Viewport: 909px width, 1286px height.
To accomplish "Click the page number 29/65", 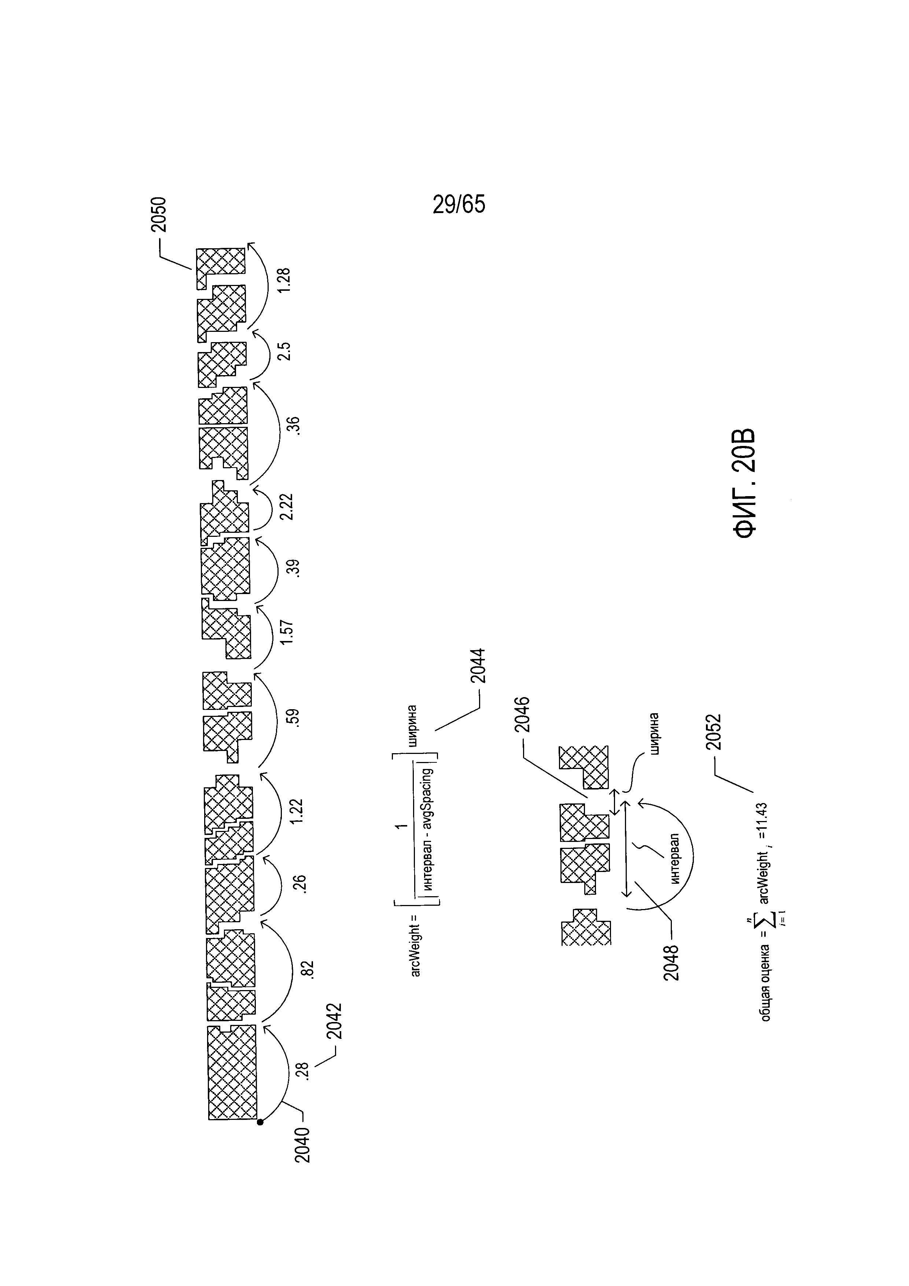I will point(459,205).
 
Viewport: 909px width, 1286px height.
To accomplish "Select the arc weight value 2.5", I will point(285,351).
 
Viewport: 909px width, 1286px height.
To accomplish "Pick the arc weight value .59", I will point(294,718).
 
